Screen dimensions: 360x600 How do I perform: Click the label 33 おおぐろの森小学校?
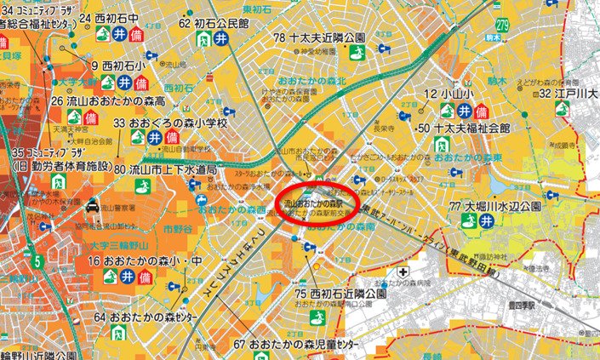tap(170, 123)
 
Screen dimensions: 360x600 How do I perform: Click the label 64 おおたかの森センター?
tap(148, 317)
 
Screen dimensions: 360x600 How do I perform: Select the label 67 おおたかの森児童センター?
tap(289, 345)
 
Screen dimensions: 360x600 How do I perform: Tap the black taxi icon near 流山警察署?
tap(90, 205)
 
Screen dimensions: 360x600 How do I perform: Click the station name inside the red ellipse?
tap(311, 205)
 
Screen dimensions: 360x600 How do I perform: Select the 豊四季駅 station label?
tap(523, 300)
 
